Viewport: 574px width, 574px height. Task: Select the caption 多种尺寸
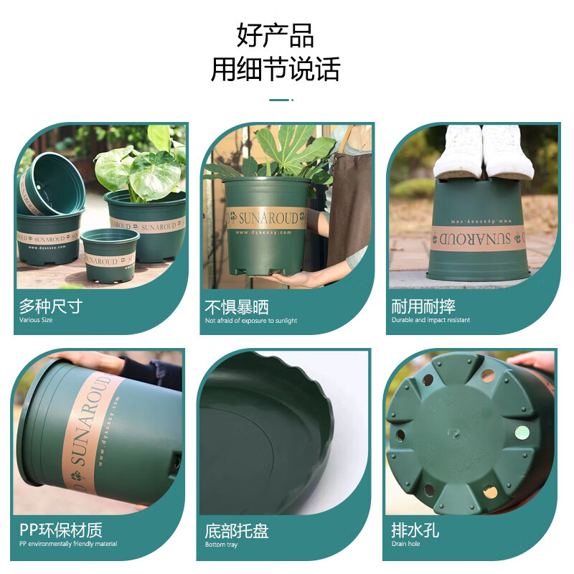(50, 307)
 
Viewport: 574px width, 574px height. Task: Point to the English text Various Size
(36, 320)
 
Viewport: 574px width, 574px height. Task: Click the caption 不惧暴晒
(237, 307)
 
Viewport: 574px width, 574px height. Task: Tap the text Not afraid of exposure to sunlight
(250, 321)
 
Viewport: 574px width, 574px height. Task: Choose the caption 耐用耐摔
(423, 307)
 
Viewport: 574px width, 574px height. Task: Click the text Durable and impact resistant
(430, 320)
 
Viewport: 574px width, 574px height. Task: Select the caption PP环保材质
(60, 530)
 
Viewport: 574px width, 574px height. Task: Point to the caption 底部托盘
(237, 531)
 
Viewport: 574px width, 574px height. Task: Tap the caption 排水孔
(415, 531)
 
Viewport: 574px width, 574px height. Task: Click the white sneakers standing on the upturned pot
(483, 153)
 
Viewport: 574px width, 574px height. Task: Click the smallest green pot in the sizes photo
(109, 255)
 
